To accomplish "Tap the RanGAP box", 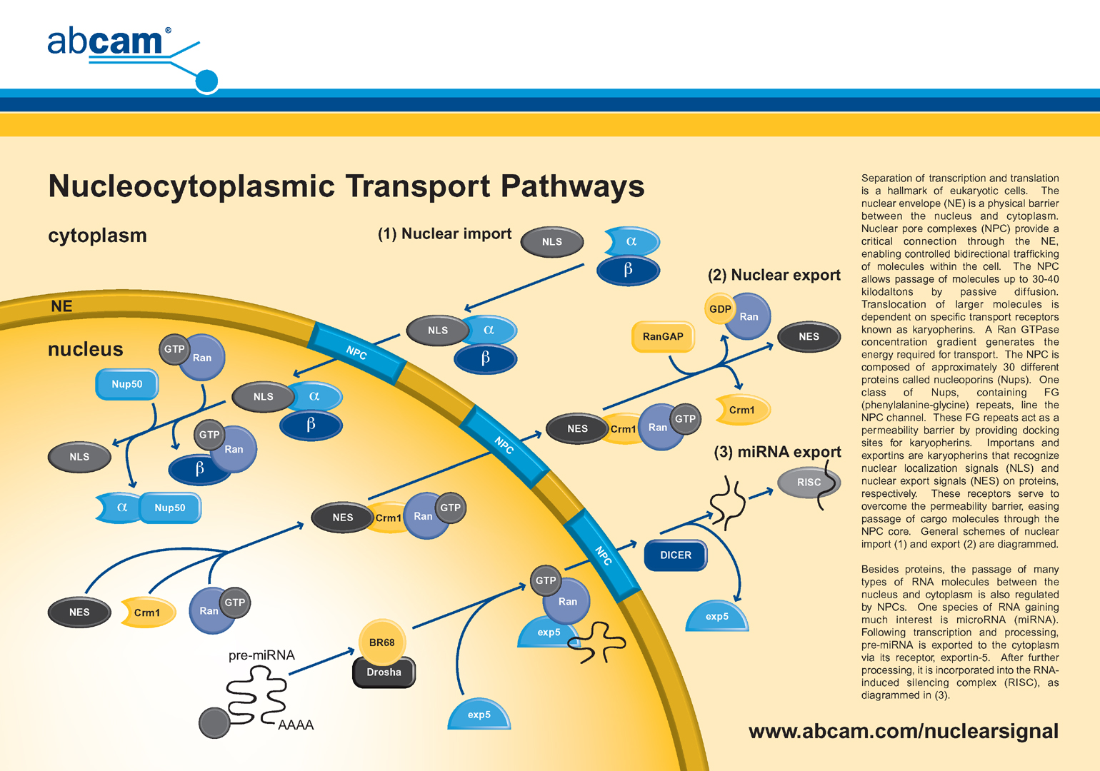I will (x=663, y=336).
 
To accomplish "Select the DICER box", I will (x=675, y=555).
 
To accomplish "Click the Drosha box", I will (x=384, y=672).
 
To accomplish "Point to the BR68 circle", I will (x=382, y=642).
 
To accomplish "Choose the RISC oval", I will (x=809, y=483).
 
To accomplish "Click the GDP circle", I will (x=720, y=309).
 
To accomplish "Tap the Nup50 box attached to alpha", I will (x=170, y=508).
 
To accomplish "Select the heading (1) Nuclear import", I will (x=444, y=234).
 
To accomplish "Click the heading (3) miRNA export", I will (x=777, y=452).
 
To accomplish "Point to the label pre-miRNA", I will (x=261, y=655).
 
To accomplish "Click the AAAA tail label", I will (x=296, y=725).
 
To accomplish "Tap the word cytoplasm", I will (x=97, y=236).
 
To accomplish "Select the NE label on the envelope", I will (x=61, y=306).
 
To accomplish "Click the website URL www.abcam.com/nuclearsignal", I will (x=903, y=732).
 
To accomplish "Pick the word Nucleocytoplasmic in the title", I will (x=191, y=187).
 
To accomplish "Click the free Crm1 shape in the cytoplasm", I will (x=741, y=410).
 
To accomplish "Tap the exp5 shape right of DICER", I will (x=717, y=617).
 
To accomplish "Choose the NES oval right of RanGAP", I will (x=809, y=337).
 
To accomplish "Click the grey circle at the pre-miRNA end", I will (x=214, y=723).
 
